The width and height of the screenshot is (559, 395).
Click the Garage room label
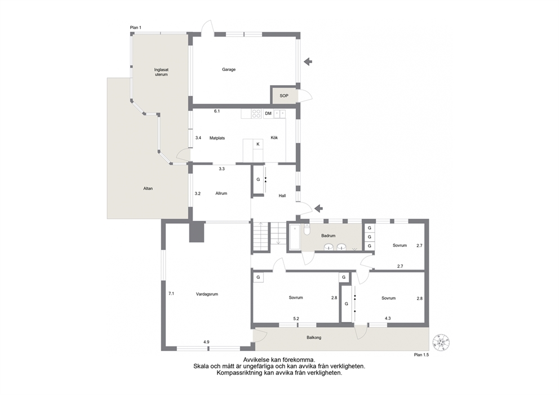point(229,69)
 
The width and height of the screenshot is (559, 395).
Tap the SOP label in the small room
point(284,96)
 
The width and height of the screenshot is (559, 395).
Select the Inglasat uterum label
point(161,72)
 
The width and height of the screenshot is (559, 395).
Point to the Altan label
point(148,188)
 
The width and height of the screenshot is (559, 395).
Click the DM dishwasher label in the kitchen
point(268,113)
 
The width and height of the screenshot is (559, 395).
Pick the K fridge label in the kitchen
point(258,144)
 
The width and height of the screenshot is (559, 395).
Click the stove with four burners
point(256,113)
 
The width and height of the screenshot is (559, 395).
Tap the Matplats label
point(217,138)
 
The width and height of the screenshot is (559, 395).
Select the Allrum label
point(221,193)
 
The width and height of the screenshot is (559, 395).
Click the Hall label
point(282,196)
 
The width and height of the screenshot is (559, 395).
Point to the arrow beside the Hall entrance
point(318,208)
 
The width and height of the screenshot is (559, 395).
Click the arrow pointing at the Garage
point(308,61)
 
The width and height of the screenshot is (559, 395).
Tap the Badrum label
point(328,236)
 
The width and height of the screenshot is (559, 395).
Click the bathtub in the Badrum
point(294,237)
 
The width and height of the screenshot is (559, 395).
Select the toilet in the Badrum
point(307,230)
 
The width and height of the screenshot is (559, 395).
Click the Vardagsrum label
point(207,294)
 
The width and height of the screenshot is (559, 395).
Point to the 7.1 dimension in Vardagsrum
point(171,294)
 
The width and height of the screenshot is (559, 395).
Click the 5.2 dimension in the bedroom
point(296,319)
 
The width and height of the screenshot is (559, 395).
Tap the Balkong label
point(314,338)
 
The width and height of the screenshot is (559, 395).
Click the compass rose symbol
point(441,343)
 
